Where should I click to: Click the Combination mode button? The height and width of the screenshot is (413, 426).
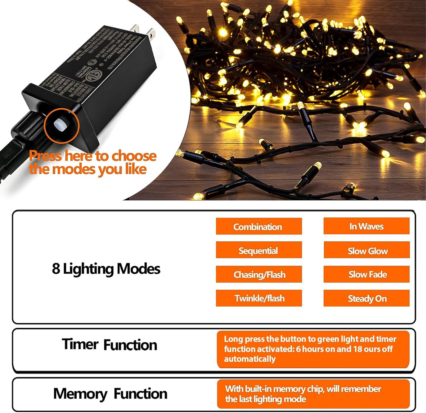(259, 226)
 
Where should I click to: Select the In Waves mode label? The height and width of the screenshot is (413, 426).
(366, 226)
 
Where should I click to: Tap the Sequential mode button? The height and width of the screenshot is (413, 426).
(259, 250)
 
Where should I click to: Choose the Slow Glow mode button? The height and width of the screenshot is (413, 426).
(367, 251)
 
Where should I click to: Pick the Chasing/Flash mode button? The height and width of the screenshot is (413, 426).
(259, 274)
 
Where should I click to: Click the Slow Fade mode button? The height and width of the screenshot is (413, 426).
(367, 274)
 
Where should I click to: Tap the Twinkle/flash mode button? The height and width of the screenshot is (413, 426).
(259, 298)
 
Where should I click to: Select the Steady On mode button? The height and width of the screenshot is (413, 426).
(367, 298)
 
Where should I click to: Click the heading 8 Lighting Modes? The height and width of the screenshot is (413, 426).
(106, 269)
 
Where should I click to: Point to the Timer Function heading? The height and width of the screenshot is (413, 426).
(109, 345)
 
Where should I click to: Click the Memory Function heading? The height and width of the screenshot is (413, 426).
(110, 394)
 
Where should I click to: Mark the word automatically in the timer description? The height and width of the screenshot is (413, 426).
(250, 359)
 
